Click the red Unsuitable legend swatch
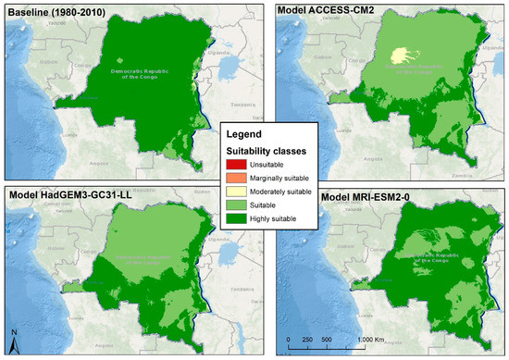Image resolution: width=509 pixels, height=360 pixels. [237, 164]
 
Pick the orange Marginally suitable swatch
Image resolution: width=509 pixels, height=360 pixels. [237, 178]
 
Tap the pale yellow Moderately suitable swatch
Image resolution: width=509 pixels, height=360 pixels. [237, 191]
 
